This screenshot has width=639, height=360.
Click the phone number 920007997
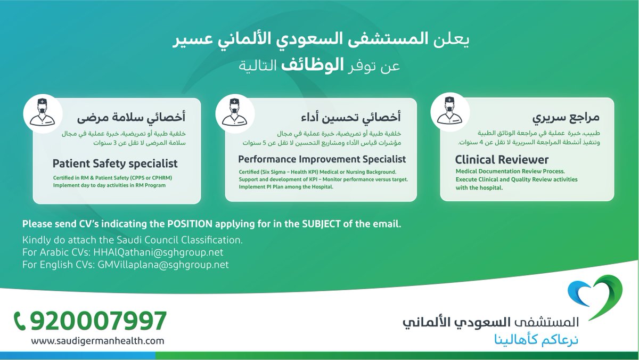pos(99,321)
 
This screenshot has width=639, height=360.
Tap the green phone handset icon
pos(20,322)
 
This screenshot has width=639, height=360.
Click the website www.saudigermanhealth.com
pos(97,341)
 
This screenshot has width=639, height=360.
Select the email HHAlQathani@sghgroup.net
pos(158,252)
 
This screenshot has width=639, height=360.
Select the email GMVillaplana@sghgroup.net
pos(163,265)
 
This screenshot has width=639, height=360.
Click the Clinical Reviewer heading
pos(502,160)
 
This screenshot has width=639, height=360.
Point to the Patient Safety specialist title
pos(115,163)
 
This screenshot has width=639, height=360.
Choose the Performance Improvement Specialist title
pos(322,159)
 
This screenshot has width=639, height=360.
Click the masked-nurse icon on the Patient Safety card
pos(43,114)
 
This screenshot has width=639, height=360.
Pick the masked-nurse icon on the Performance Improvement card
pos(235,114)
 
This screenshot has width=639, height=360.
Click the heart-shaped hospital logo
pos(595,297)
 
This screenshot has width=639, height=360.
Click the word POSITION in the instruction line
pos(190,224)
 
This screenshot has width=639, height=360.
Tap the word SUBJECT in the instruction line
pos(321,224)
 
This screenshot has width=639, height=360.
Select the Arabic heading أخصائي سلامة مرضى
pos(131,118)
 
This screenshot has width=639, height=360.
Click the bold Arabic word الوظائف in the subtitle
pos(313,65)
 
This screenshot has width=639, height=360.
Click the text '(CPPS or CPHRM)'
pos(151,178)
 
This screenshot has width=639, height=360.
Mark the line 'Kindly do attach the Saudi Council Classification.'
pos(133,240)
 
